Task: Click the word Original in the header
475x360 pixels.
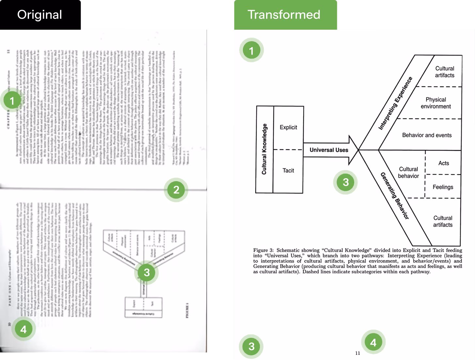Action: coord(40,15)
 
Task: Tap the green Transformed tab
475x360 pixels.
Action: coord(284,15)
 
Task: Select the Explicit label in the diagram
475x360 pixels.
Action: coord(288,127)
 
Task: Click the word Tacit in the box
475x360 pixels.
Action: coord(288,170)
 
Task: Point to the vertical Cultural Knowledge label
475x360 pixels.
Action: coord(264,149)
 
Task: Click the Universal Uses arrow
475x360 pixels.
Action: coord(329,150)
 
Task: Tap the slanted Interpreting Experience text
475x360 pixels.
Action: coord(395,103)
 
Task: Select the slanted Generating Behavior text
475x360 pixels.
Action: coord(394,196)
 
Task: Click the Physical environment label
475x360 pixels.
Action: coord(435,103)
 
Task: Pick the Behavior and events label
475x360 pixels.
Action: coord(427,135)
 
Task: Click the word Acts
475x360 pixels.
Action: coord(443,163)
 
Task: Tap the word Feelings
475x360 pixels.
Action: coord(443,187)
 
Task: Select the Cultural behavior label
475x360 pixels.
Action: coord(408,172)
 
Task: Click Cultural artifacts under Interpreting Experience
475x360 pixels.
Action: coord(445,72)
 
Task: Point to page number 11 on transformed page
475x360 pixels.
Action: coord(357,353)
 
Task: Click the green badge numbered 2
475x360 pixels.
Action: coord(176,190)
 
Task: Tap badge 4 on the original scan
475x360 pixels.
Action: coord(24,329)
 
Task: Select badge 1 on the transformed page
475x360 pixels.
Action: coord(251,51)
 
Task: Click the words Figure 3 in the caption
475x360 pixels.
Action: coord(263,250)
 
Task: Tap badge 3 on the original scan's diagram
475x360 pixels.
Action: coord(147,273)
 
